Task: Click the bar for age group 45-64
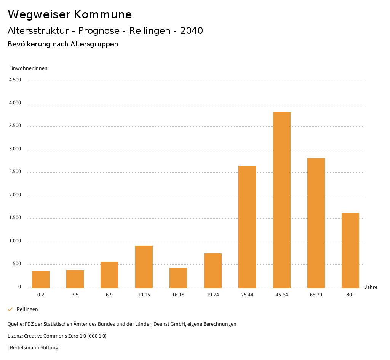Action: [281, 200]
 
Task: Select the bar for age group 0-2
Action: [41, 279]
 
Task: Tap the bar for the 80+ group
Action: [350, 250]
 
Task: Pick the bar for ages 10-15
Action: [144, 267]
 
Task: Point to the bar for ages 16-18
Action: [178, 277]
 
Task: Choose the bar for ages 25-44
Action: [247, 226]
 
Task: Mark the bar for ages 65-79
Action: [316, 223]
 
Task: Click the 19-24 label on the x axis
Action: [213, 295]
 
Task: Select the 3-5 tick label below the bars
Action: [75, 295]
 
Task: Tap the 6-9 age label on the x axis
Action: [109, 295]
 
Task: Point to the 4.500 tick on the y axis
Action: [15, 80]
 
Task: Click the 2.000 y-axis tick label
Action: [15, 195]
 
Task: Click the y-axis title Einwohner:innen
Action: [28, 68]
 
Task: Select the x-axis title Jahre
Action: [371, 287]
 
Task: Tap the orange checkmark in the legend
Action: [10, 309]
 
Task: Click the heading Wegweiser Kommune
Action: [70, 14]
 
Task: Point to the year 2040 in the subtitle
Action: [192, 31]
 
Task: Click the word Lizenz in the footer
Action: [15, 336]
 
